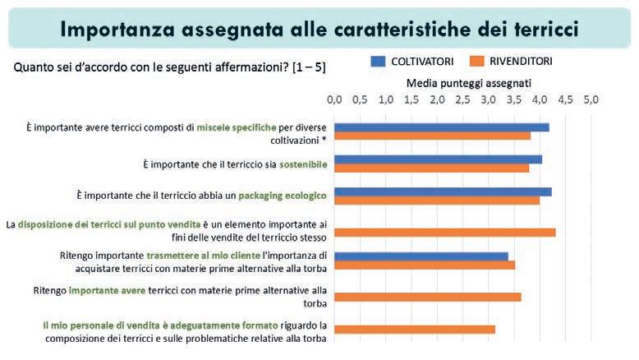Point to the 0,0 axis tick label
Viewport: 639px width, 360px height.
click(334, 99)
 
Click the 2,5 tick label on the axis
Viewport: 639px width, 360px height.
click(463, 99)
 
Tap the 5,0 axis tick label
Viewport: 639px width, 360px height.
click(591, 99)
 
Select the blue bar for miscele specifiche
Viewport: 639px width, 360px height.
click(442, 127)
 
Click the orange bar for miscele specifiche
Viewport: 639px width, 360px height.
click(433, 136)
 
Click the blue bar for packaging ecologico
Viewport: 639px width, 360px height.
click(443, 191)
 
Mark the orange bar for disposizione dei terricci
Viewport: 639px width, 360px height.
click(445, 232)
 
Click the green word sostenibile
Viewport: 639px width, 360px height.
click(303, 164)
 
